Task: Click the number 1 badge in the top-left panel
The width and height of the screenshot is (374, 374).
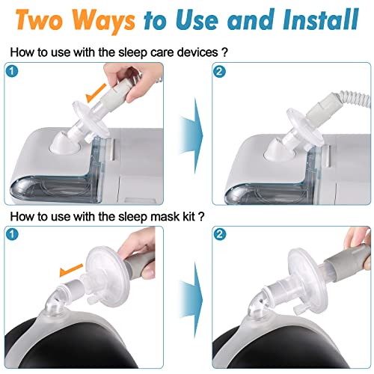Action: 12,70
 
